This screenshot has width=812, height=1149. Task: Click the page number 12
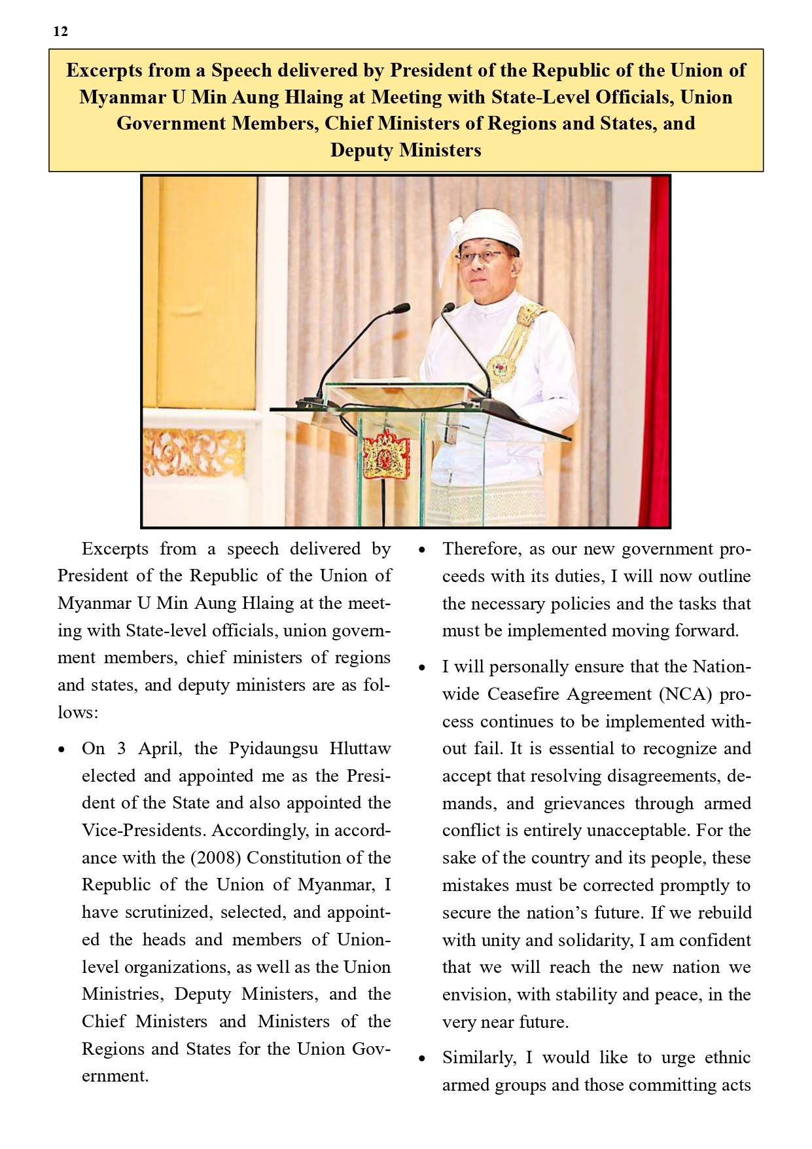coord(60,31)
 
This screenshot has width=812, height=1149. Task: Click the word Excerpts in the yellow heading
coord(103,70)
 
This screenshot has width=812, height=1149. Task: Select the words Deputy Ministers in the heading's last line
coord(405,150)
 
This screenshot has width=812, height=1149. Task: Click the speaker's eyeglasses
coord(484,257)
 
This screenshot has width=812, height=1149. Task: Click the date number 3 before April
coord(121,748)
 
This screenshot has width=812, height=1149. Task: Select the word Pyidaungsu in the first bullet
coord(273,748)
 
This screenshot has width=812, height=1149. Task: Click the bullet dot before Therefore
coord(423,550)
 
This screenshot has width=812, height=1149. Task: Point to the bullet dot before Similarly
coord(423,1059)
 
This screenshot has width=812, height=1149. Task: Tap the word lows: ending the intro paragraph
coord(77,712)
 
